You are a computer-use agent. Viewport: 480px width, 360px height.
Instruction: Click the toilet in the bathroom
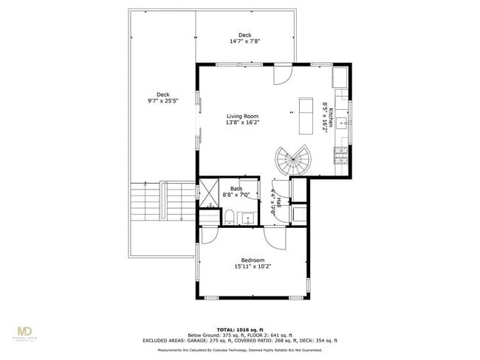point(229,216)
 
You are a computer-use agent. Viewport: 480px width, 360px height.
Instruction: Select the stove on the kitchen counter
point(341,156)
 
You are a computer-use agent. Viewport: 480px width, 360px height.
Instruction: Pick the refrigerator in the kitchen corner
point(341,77)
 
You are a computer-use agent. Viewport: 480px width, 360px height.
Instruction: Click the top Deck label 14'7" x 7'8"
point(244,38)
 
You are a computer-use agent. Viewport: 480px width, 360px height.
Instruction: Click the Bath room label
point(236,189)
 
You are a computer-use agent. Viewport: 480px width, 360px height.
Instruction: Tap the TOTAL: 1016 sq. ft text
point(240,329)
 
